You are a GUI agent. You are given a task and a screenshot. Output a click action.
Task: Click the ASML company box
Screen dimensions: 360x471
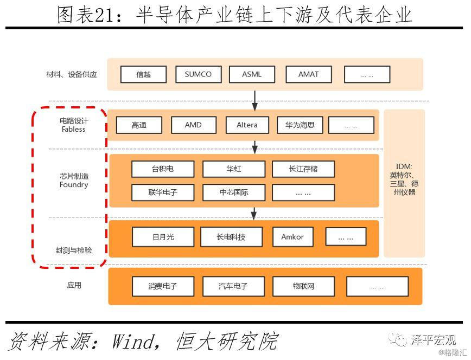click(252, 74)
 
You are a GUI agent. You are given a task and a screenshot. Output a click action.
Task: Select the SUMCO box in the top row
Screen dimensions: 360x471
click(198, 74)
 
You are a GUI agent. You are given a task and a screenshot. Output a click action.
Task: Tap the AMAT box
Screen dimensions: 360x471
click(308, 74)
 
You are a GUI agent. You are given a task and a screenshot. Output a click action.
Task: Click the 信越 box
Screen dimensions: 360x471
click(143, 75)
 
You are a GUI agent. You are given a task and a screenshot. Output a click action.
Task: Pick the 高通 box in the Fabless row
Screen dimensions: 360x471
click(139, 125)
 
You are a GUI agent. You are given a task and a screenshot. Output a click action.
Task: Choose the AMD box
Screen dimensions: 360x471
click(193, 125)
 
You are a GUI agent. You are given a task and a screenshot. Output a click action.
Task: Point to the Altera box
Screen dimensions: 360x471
click(247, 125)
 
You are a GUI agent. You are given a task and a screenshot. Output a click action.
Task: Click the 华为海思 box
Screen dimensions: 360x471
click(300, 125)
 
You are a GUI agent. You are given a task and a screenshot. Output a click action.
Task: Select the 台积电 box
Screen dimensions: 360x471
click(163, 169)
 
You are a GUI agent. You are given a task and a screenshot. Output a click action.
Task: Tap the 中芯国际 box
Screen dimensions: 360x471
click(234, 192)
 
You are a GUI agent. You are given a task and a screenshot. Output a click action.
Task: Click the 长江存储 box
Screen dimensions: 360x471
click(303, 169)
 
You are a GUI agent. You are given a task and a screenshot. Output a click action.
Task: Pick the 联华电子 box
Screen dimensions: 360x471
click(163, 192)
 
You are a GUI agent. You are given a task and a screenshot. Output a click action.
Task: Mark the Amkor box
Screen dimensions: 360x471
click(292, 237)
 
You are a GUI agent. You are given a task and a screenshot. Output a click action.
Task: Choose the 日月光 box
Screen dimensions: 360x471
click(163, 237)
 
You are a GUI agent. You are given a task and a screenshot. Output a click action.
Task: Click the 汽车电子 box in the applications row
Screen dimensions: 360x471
click(233, 286)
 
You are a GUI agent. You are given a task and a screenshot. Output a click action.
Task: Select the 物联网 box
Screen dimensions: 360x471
click(303, 286)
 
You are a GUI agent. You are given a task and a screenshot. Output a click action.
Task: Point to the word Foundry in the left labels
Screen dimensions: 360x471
click(74, 185)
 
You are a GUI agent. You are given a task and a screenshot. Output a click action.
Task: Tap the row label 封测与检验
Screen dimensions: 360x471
click(74, 250)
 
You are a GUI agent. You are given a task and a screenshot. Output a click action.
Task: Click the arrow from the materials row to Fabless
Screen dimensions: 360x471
click(255, 100)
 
